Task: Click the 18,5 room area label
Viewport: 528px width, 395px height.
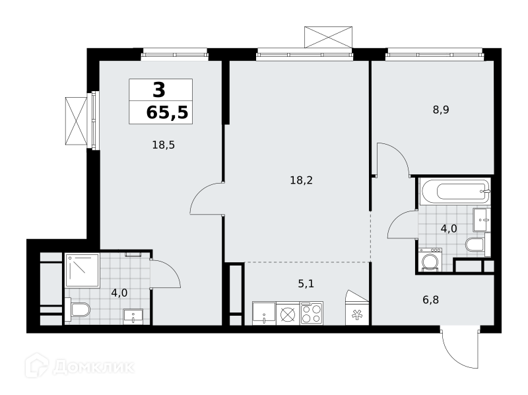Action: (163, 145)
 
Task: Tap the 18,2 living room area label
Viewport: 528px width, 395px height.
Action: (302, 180)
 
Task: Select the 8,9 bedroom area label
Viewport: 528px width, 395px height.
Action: (441, 110)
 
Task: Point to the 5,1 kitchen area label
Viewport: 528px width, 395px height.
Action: (306, 284)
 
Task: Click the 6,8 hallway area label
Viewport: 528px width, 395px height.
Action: (431, 300)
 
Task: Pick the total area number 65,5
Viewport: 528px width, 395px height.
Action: (167, 112)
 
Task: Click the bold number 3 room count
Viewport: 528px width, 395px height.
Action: (159, 90)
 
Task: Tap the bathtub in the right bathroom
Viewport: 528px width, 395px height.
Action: (455, 192)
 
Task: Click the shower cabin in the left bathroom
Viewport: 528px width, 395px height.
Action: (82, 271)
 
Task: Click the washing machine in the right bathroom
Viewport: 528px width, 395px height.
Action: (430, 260)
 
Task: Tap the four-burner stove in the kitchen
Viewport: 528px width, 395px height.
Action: (312, 314)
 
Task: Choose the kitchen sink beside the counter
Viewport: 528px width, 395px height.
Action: (264, 314)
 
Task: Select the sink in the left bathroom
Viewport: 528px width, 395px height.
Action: (133, 317)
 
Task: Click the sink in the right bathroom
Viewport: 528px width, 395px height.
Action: (482, 220)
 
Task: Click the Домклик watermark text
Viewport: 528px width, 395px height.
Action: (94, 367)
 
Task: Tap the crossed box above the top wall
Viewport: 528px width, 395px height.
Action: (328, 38)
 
